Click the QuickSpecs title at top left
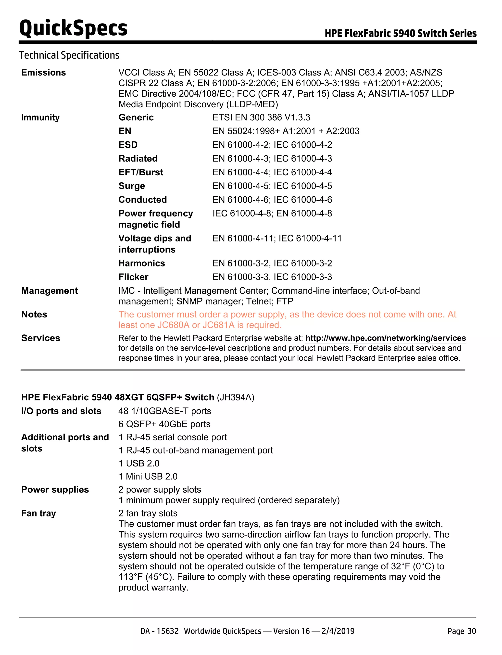pyautogui.click(x=73, y=28)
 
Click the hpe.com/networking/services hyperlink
pyautogui.click(x=386, y=338)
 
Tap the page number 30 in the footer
pyautogui.click(x=472, y=631)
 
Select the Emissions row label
pyautogui.click(x=43, y=73)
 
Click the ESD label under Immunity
pyautogui.click(x=128, y=145)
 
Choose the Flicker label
pyautogui.click(x=133, y=277)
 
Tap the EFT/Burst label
pyautogui.click(x=141, y=172)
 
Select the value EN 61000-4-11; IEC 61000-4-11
pyautogui.click(x=277, y=239)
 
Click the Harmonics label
pyautogui.click(x=142, y=263)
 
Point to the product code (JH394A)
pyautogui.click(x=236, y=397)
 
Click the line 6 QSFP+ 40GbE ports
pyautogui.click(x=164, y=424)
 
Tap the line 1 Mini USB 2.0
pyautogui.click(x=148, y=476)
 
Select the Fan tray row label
pyautogui.click(x=38, y=513)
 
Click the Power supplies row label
pyautogui.click(x=55, y=490)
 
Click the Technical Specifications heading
pyautogui.click(x=69, y=55)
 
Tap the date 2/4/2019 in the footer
pyautogui.click(x=338, y=631)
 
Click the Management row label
pyautogui.click(x=49, y=291)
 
